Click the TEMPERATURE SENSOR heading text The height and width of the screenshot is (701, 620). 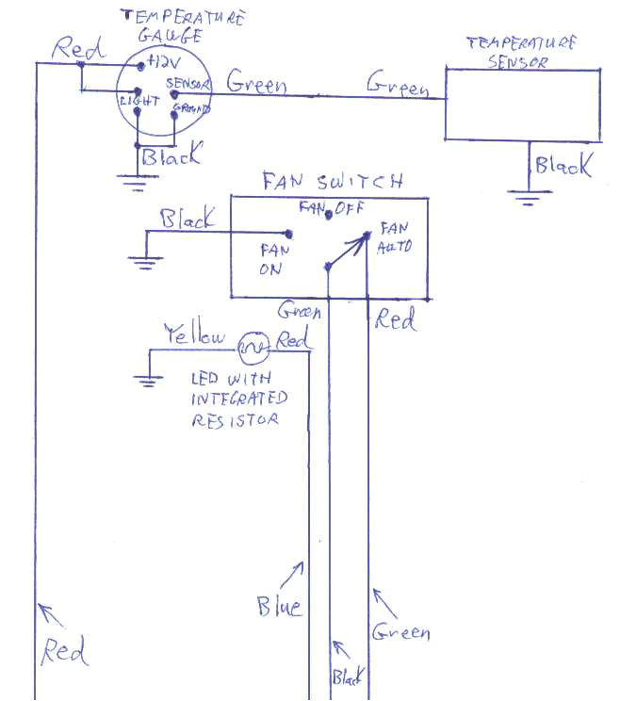(521, 53)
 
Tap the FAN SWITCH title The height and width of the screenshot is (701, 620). (333, 182)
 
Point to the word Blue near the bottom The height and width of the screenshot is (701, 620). (280, 605)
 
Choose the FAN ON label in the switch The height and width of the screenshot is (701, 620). (271, 259)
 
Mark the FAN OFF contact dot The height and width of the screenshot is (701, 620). (327, 217)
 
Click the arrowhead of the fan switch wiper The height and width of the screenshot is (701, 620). (362, 239)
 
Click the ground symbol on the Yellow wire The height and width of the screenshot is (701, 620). (147, 379)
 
